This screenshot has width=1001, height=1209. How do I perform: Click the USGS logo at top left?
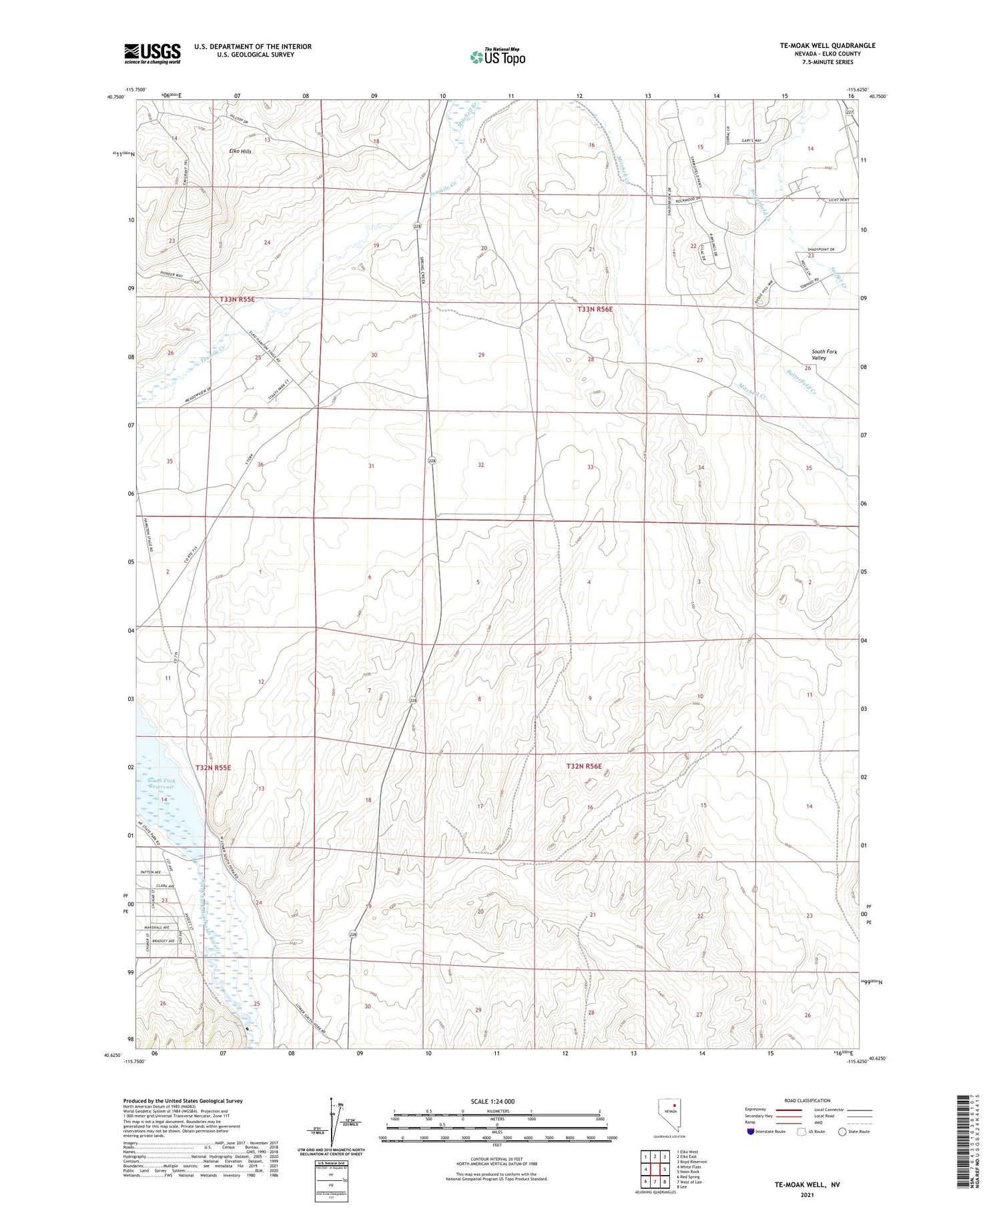152,53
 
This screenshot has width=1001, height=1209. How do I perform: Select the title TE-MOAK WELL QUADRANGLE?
818,45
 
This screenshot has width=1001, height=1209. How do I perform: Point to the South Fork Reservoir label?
160,784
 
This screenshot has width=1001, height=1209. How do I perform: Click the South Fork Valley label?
823,355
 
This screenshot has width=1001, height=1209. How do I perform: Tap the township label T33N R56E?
595,309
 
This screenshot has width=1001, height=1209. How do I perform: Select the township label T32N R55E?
213,768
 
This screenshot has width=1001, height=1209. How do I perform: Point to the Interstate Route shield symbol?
751,1132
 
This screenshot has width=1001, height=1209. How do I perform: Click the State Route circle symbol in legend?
842,1132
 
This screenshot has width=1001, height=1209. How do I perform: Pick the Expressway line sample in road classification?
793,1110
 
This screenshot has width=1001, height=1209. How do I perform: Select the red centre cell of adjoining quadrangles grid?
655,1169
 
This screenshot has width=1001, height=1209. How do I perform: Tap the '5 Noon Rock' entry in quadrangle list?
688,1172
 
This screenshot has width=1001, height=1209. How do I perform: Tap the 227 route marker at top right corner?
850,112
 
